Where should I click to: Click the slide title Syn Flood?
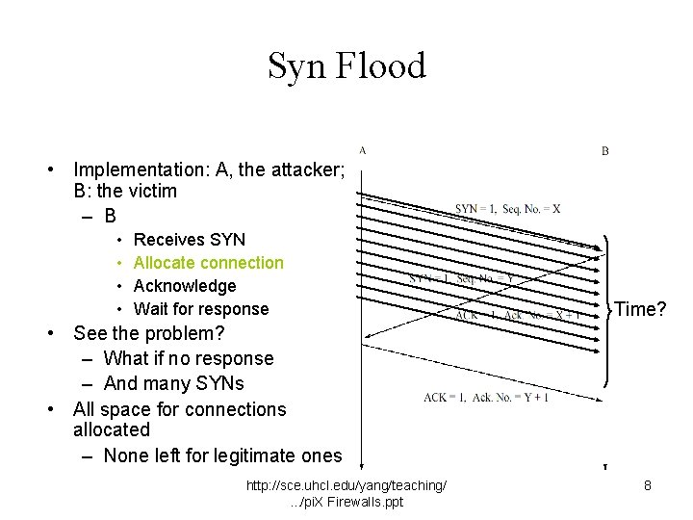(x=346, y=66)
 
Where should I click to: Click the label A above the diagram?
(x=362, y=150)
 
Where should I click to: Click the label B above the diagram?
(x=605, y=151)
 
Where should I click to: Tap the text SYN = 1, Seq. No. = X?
(x=507, y=208)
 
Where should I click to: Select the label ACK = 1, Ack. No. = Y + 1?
(x=486, y=399)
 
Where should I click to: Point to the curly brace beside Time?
(x=607, y=309)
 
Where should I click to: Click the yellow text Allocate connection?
(x=209, y=263)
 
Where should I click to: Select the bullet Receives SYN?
(x=190, y=240)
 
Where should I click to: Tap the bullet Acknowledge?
(x=185, y=286)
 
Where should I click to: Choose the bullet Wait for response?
(x=201, y=309)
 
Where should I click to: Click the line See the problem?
(x=149, y=334)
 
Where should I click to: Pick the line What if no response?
(x=189, y=358)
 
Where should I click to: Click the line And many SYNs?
(x=174, y=383)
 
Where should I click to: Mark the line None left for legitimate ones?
(x=222, y=455)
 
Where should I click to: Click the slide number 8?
(x=648, y=486)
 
